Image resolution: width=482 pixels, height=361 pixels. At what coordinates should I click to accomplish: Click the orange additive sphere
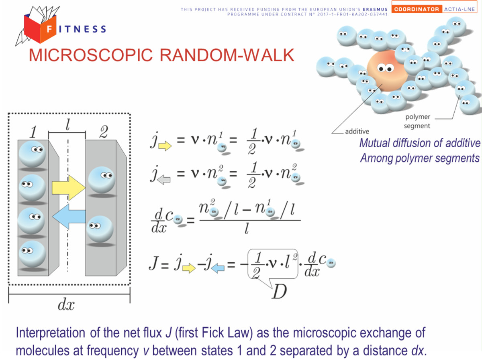click(x=387, y=71)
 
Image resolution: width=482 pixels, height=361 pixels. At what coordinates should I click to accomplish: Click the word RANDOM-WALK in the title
click(x=227, y=55)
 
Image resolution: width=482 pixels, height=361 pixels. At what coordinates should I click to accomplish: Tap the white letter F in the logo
click(x=49, y=29)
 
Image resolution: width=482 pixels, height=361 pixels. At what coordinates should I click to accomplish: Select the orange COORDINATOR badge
click(x=417, y=9)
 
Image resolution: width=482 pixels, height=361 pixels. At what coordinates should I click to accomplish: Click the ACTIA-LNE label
click(x=460, y=9)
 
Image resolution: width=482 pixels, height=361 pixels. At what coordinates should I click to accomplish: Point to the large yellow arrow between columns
click(x=69, y=188)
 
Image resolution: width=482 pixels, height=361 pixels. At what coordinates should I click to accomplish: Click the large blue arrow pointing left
click(x=69, y=217)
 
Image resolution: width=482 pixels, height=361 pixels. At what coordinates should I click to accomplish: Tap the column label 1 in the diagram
click(x=33, y=132)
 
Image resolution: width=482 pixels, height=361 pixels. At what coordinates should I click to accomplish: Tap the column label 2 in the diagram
click(x=104, y=132)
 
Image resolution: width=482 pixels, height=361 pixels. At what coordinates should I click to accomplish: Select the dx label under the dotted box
click(x=66, y=305)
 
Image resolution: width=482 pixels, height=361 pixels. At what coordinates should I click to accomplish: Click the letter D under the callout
click(x=279, y=292)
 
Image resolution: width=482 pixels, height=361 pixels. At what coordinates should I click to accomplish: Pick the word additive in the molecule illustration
click(x=357, y=131)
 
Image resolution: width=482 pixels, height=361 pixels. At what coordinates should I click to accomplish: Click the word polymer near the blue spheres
click(x=417, y=117)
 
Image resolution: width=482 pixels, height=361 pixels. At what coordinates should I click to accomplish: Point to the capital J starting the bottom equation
click(x=154, y=263)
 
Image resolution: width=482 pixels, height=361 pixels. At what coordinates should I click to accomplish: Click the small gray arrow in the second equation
click(x=164, y=180)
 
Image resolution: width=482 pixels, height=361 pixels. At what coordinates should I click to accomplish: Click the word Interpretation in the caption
click(x=51, y=333)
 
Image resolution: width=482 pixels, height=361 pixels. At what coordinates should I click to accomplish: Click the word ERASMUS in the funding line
click(x=375, y=9)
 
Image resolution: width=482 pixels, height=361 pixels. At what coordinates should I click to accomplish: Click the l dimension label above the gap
click(x=67, y=125)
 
